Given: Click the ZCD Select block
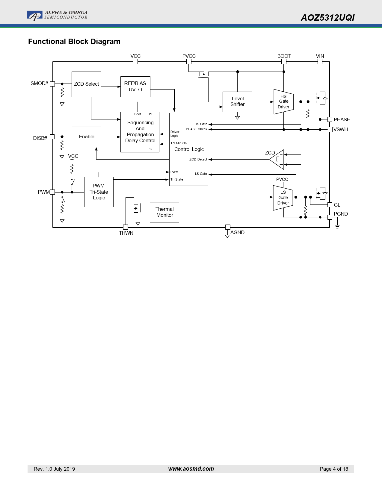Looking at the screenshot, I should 86,84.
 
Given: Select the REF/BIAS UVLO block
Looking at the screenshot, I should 135,87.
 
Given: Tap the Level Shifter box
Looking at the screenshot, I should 237,102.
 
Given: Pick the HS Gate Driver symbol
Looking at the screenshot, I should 283,102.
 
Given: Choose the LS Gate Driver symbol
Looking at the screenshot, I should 283,198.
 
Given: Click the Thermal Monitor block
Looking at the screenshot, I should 164,212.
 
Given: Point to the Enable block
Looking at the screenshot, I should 87,137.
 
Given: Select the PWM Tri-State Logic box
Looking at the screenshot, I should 99,192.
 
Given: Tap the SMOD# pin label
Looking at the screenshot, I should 39,84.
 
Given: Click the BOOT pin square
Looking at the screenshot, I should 284,62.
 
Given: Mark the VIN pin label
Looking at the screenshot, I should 320,56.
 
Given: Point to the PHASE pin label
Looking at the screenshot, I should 342,119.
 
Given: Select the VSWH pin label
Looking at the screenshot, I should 341,129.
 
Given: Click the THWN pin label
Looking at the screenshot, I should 126,233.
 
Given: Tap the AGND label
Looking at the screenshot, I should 237,232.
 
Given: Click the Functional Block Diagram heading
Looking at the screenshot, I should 74,42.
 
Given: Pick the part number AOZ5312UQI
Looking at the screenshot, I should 327,18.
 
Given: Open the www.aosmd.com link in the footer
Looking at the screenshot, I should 191,469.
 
